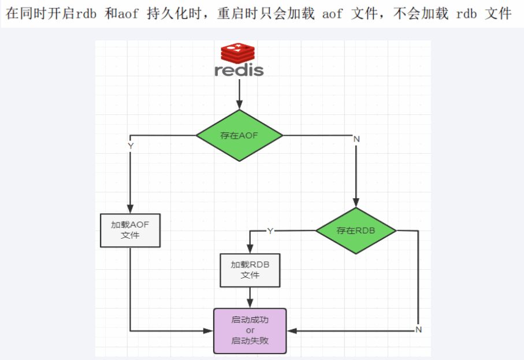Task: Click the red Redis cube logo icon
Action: [x=238, y=53]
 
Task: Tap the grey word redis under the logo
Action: [x=239, y=70]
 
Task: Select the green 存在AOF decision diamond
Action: [x=239, y=135]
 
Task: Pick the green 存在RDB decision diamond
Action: [x=356, y=231]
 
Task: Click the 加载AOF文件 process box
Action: [x=131, y=231]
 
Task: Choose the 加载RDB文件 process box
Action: [x=250, y=270]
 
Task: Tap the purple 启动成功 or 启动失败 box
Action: [x=250, y=331]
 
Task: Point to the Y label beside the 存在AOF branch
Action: [x=131, y=146]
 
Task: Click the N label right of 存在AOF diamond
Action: [x=356, y=139]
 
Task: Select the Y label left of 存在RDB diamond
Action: [x=270, y=231]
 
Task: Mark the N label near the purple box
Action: [x=418, y=329]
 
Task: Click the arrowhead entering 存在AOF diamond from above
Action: [x=239, y=105]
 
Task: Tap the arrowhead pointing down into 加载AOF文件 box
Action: [x=131, y=209]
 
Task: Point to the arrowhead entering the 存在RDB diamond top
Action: [x=356, y=203]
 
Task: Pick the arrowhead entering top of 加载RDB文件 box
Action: [x=250, y=248]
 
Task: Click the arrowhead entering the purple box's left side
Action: [x=209, y=331]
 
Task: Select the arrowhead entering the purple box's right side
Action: [x=292, y=331]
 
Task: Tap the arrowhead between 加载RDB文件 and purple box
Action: [x=250, y=303]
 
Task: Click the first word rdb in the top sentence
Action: [x=86, y=14]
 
